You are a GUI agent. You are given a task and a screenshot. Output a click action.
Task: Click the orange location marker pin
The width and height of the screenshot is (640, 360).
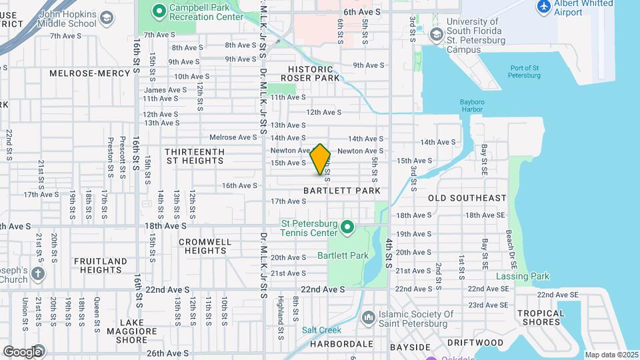321,159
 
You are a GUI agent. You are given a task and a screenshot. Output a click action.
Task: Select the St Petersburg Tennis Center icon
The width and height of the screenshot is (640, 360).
347,228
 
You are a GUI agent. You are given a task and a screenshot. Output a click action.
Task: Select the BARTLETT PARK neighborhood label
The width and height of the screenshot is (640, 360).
342,191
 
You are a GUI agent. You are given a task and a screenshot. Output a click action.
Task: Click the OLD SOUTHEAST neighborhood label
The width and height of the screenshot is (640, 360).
467,198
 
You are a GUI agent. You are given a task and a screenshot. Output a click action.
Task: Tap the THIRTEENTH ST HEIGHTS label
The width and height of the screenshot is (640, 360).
195,156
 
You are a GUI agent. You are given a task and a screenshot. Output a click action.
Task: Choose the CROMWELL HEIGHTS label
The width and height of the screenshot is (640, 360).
205,246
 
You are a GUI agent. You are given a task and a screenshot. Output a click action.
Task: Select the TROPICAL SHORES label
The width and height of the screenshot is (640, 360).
540,317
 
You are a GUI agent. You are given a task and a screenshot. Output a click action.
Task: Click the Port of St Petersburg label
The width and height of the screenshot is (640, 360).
525,72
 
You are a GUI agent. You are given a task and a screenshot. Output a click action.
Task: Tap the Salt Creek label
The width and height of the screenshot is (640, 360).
321,330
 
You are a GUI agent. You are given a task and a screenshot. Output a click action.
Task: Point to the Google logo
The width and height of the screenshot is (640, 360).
23,351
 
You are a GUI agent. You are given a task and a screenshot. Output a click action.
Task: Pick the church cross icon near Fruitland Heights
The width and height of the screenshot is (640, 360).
38,273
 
